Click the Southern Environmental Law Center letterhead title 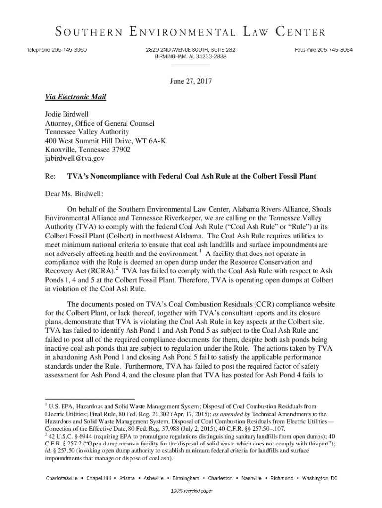[191, 33]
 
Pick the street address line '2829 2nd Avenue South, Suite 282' [190, 50]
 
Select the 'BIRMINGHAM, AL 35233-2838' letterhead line [190, 56]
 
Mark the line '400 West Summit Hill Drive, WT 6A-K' [105, 141]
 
